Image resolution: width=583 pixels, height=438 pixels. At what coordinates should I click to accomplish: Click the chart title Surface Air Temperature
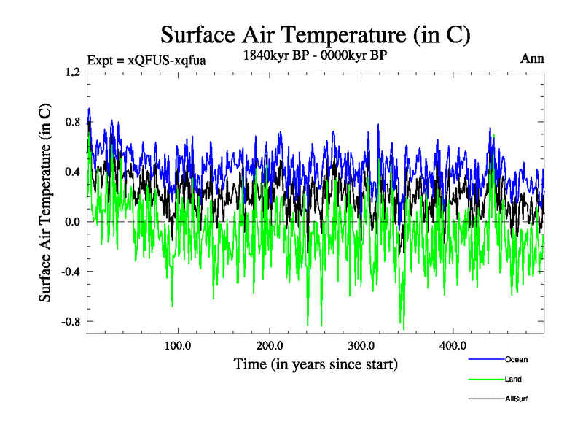point(315,34)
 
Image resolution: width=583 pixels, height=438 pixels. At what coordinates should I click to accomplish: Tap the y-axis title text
point(45,202)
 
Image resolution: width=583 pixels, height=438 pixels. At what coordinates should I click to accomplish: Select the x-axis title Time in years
point(315,364)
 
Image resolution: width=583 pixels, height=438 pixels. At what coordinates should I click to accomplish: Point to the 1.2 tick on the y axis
point(72,72)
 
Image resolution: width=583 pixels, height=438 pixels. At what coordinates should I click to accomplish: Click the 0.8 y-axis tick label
point(72,122)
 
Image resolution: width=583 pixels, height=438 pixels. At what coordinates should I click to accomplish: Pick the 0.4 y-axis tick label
point(72,172)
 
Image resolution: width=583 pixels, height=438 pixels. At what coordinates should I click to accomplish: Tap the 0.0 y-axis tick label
point(72,221)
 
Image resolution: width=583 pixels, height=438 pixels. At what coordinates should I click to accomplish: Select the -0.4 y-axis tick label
point(71,272)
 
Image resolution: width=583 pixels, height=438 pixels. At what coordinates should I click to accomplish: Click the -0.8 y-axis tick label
point(71,321)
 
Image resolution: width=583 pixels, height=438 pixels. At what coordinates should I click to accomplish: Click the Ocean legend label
point(515,359)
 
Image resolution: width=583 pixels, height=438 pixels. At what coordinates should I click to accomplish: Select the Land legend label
point(513,379)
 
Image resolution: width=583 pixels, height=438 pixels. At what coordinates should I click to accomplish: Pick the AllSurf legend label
point(516,399)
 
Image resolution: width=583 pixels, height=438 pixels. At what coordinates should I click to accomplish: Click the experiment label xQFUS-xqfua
point(146,60)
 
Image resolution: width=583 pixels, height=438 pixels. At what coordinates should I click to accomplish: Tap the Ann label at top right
point(532,58)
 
